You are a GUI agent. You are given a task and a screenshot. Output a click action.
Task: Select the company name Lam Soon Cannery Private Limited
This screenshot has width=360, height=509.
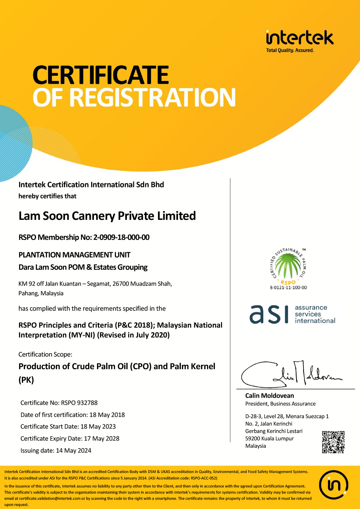click(107, 216)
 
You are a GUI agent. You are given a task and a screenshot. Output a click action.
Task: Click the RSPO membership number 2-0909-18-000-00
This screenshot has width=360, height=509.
click(121, 237)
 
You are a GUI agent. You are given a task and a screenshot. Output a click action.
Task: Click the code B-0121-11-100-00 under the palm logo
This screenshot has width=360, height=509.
click(289, 288)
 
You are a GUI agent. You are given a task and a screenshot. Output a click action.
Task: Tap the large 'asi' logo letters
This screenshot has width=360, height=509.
click(269, 314)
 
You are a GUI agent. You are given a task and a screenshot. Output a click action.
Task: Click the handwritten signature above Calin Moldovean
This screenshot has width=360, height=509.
click(291, 374)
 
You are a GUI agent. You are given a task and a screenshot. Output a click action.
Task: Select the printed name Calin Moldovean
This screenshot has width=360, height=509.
click(269, 396)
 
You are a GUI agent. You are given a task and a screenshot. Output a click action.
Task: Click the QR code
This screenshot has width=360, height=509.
click(333, 442)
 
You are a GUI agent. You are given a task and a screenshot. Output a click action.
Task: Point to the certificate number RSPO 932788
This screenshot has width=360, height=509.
click(79, 403)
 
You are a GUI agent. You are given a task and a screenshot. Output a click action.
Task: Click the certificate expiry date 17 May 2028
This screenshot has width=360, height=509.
click(102, 438)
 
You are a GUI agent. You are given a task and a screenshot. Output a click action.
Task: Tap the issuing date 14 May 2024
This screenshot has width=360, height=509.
click(74, 450)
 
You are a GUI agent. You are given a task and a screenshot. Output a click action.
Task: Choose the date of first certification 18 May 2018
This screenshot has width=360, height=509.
click(107, 415)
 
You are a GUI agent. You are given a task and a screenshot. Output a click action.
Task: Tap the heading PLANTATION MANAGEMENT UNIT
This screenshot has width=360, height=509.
click(75, 255)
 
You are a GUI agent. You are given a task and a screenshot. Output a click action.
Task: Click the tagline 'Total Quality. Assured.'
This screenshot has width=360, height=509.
click(290, 50)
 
